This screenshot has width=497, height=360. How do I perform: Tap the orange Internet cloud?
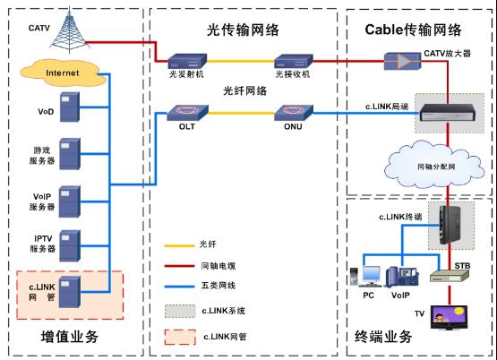click(64, 73)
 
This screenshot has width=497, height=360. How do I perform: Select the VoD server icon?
click(70, 107)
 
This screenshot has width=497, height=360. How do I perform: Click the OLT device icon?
click(187, 113)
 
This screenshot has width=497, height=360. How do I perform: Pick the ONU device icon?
click(293, 113)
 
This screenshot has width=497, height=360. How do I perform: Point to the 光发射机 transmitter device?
click(187, 61)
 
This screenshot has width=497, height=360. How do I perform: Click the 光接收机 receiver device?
click(294, 61)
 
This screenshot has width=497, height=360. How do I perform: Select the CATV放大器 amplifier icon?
click(403, 61)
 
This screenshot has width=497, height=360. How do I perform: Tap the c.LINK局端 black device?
click(448, 113)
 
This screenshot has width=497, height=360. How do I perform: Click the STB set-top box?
click(450, 276)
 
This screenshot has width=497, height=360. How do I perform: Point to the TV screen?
click(449, 318)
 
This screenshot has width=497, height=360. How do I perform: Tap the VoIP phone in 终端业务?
click(402, 277)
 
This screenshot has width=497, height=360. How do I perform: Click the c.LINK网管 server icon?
click(70, 292)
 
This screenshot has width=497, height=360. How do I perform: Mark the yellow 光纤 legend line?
click(179, 245)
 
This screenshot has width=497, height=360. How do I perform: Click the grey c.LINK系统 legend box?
click(180, 312)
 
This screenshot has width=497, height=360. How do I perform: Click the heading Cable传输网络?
click(413, 30)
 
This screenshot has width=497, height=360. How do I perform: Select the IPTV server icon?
click(70, 245)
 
